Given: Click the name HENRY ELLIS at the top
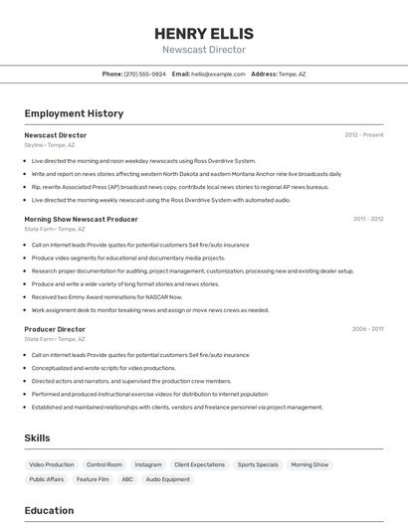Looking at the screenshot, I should point(204,33).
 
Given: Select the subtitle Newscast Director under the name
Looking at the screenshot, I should point(204,50).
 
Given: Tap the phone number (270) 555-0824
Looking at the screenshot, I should point(145,74).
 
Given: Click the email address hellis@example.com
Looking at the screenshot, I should point(218,74).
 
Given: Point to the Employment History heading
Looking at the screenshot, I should point(74,113).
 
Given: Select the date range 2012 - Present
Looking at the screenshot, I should point(363,135).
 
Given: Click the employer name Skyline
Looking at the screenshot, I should point(34,145).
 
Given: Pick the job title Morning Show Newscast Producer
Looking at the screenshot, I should point(81,219).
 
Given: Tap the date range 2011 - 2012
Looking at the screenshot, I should point(367,219).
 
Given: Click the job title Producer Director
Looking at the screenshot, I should point(55,329).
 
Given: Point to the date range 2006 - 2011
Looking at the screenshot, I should point(367,329).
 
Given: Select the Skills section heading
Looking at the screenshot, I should point(37,438).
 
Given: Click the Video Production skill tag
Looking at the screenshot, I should point(52,464).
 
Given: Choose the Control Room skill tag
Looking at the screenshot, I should point(104,464).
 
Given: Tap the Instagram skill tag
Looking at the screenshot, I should point(148,464).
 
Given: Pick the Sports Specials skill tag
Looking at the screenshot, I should point(258,464).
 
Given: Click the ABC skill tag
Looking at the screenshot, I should point(127,479).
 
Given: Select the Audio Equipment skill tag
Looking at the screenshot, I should point(167,479).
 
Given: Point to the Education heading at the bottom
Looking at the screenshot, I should point(49,511).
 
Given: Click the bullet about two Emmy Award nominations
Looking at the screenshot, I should point(106,296).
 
